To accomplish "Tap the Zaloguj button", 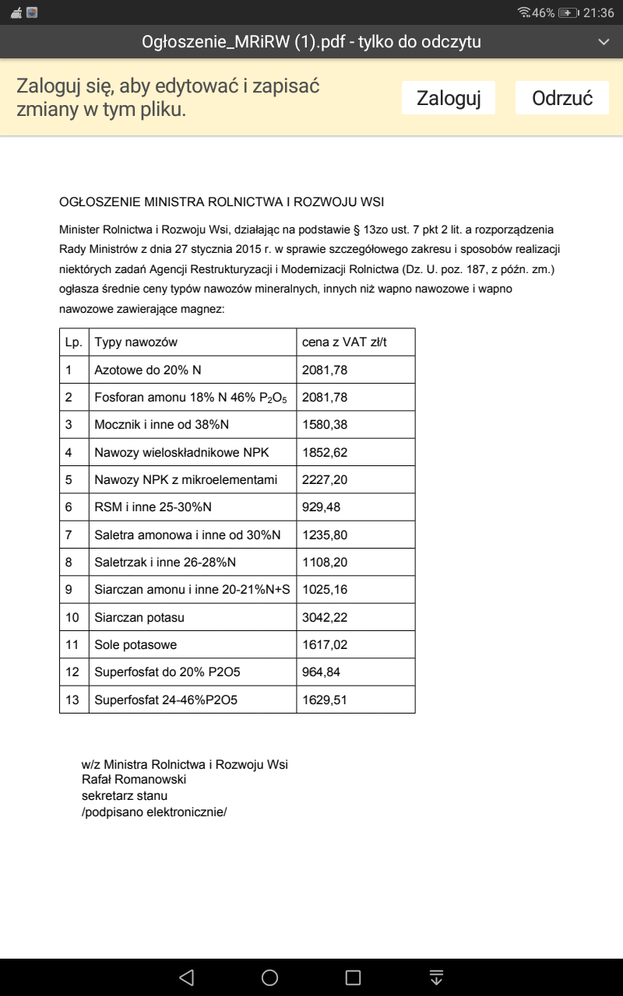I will tap(449, 98).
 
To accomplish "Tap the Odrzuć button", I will tap(562, 98).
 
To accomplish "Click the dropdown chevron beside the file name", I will tap(603, 41).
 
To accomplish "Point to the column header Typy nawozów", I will tap(136, 342).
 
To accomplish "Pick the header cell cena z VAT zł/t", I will tap(344, 342).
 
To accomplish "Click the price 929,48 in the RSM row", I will tap(322, 507).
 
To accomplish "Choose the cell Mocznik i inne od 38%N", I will tap(161, 425).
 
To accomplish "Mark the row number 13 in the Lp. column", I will tap(72, 700).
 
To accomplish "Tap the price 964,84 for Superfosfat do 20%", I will tap(321, 672).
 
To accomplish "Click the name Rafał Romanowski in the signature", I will tap(134, 780).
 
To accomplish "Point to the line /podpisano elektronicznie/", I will tap(154, 812).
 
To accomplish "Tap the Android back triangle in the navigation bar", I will tap(186, 977).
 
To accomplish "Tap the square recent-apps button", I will tap(353, 977).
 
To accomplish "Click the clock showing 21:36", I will tap(599, 12).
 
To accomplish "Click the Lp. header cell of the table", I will tap(74, 342).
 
